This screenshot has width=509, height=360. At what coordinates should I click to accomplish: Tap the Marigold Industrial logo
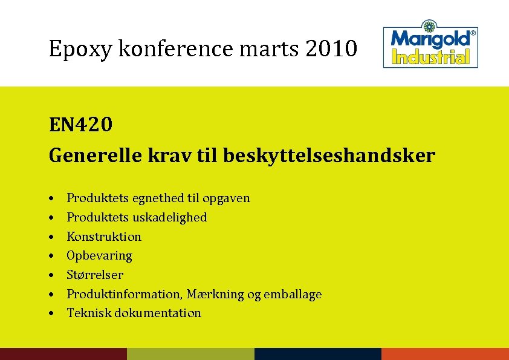tap(431, 47)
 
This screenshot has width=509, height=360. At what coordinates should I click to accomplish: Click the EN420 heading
tap(80, 125)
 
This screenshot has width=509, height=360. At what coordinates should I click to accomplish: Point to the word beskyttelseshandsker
tap(329, 156)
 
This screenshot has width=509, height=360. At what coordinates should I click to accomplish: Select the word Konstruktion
tap(104, 237)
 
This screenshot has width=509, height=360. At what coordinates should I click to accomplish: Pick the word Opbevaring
tap(99, 256)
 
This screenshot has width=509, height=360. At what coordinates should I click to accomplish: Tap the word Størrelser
tap(95, 275)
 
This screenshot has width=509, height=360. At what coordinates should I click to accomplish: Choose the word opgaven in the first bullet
tap(226, 198)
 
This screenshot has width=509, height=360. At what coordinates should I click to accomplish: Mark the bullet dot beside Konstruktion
tap(54, 237)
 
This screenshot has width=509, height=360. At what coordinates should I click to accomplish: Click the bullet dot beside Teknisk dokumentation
tap(54, 313)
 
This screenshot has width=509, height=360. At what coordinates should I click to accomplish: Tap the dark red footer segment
tap(63, 354)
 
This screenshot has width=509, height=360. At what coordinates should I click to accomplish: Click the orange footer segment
tap(445, 354)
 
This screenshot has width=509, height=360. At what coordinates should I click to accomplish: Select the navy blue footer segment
tap(318, 354)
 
